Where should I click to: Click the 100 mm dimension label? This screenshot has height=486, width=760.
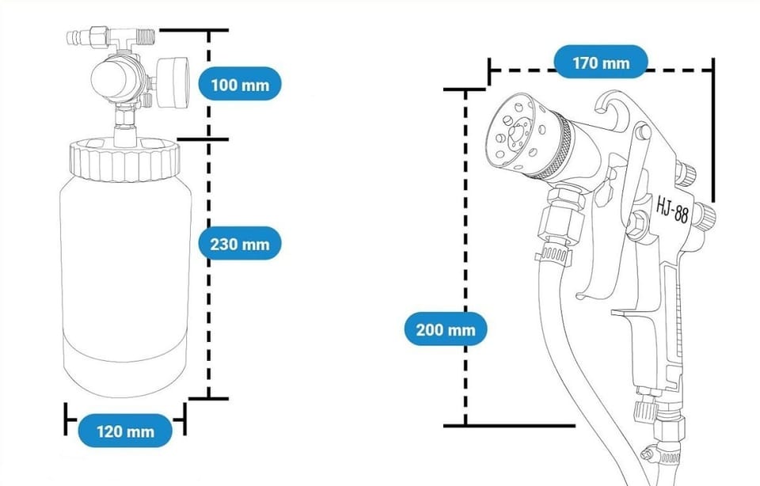pos(240,85)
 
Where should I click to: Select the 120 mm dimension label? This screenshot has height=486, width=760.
pos(125,431)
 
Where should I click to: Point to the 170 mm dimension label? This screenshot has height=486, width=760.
pos(601,62)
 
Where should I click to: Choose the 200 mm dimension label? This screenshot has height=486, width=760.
pos(446,329)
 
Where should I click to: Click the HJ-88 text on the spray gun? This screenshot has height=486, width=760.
pos(672,208)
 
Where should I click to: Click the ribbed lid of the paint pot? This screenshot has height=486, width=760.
pos(124,160)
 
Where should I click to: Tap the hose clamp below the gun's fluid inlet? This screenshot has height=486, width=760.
pos(553,254)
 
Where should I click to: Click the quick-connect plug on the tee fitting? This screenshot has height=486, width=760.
pos(87,38)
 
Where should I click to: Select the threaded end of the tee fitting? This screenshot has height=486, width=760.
pos(146,35)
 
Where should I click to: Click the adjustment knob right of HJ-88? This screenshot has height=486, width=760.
pos(704,215)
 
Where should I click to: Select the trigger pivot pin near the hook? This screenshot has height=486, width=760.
pos(643,132)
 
